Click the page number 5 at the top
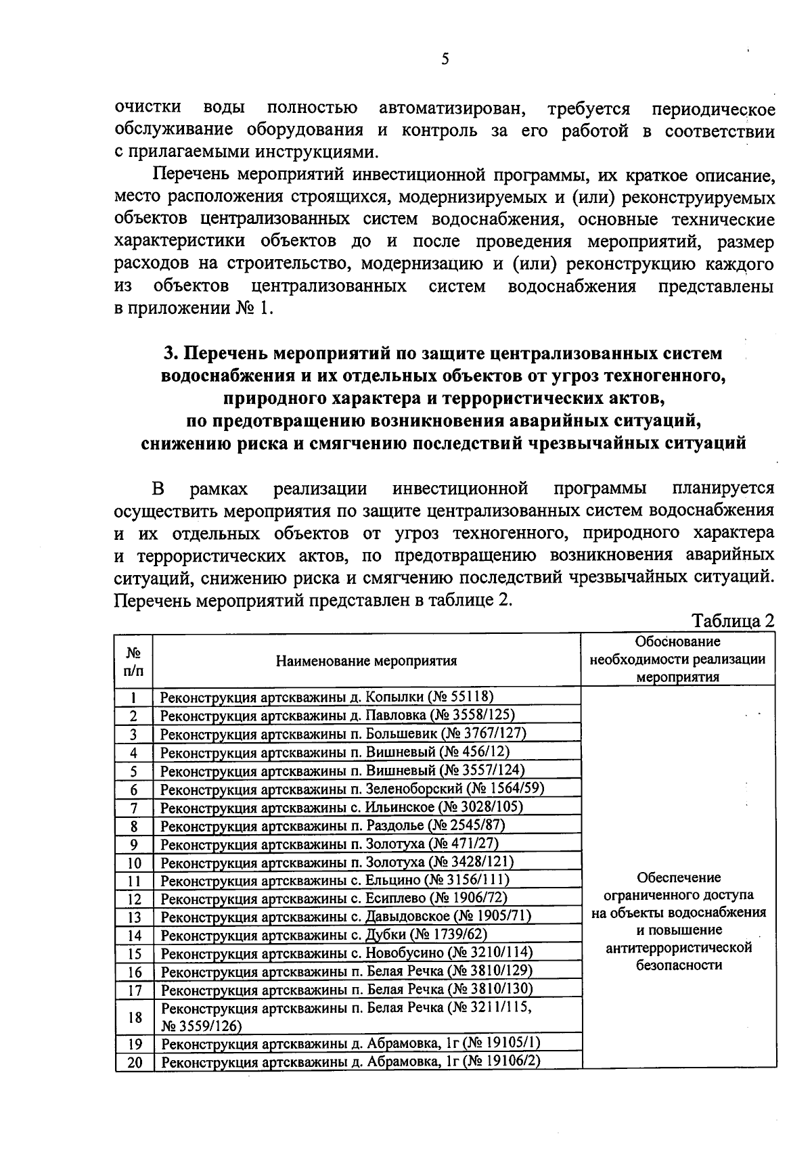click(x=445, y=59)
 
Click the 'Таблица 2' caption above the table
click(x=731, y=620)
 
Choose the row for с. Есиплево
click(x=334, y=898)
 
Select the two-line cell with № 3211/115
click(x=346, y=1016)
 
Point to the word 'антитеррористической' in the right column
click(x=679, y=948)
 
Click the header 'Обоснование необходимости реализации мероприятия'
click(x=678, y=659)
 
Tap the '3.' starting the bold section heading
click(x=171, y=354)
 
